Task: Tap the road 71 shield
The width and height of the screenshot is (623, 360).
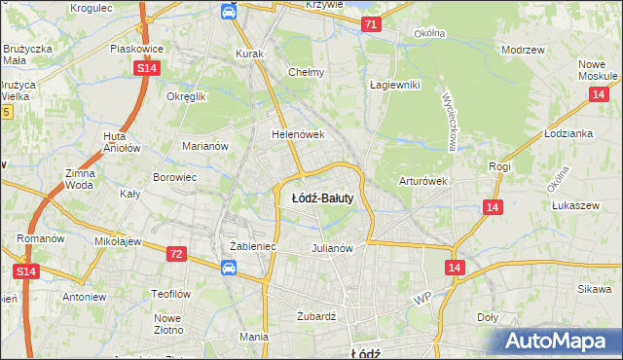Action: pos(370,24)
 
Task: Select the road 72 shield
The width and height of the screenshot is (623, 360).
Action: pos(175,253)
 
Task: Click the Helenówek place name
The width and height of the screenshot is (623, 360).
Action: pos(297,135)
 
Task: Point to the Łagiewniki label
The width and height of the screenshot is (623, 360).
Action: pos(394,85)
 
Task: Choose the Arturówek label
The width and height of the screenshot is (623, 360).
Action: pos(422,181)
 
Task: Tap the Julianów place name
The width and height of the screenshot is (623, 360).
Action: pos(331,247)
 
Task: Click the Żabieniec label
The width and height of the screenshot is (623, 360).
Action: pos(253,247)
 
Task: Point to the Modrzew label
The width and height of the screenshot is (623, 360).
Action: pos(521,49)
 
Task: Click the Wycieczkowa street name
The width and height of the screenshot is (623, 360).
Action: pos(451,122)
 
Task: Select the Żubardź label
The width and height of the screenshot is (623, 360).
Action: pos(315,316)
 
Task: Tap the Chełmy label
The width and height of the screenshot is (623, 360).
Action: pos(306,72)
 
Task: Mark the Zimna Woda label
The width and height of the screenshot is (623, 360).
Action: pos(80,178)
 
